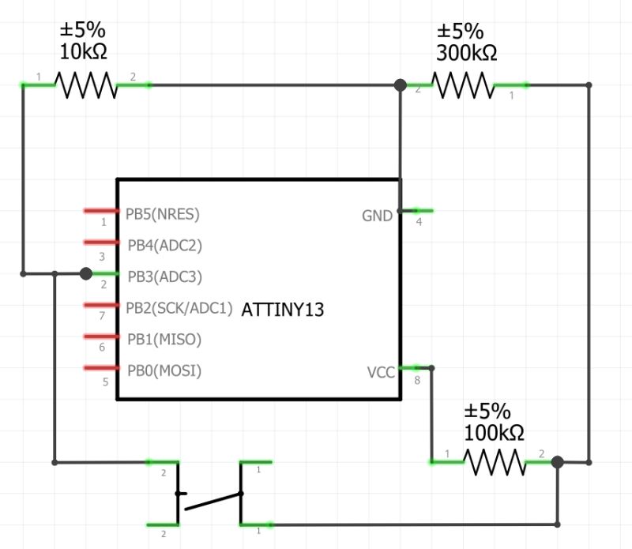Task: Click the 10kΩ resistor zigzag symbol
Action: [x=85, y=85]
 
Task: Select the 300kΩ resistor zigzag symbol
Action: [x=463, y=85]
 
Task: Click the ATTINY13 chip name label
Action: [x=282, y=310]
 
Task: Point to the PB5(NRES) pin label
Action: [x=163, y=213]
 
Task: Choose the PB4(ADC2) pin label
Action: [x=164, y=245]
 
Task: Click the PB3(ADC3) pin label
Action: [x=164, y=276]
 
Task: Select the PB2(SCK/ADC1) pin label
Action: [x=179, y=308]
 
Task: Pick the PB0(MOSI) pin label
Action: [x=164, y=370]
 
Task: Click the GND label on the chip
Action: [x=377, y=216]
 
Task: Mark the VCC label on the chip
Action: [x=381, y=372]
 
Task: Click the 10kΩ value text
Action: [x=83, y=53]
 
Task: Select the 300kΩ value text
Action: [x=466, y=53]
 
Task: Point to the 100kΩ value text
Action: [x=494, y=433]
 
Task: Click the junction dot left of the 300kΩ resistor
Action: [x=401, y=85]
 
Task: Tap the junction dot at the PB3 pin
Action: [x=86, y=273]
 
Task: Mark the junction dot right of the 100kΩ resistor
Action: [x=557, y=462]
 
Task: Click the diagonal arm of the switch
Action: [x=212, y=501]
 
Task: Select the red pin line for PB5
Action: [x=100, y=211]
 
